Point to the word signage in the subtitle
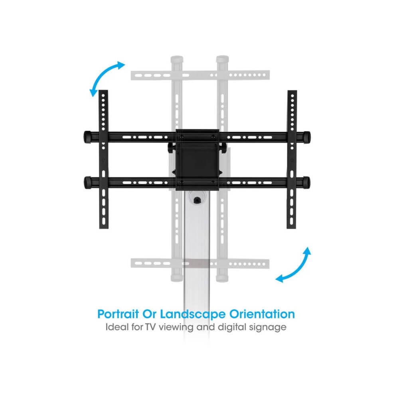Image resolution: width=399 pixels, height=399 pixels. tap(269, 328)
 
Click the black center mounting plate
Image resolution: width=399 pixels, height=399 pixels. tap(198, 159)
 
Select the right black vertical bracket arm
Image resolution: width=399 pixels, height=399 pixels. tap(292, 159)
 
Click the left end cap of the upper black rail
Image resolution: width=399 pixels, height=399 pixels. tap(87, 136)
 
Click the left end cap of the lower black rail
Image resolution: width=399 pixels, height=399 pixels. tap(87, 182)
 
